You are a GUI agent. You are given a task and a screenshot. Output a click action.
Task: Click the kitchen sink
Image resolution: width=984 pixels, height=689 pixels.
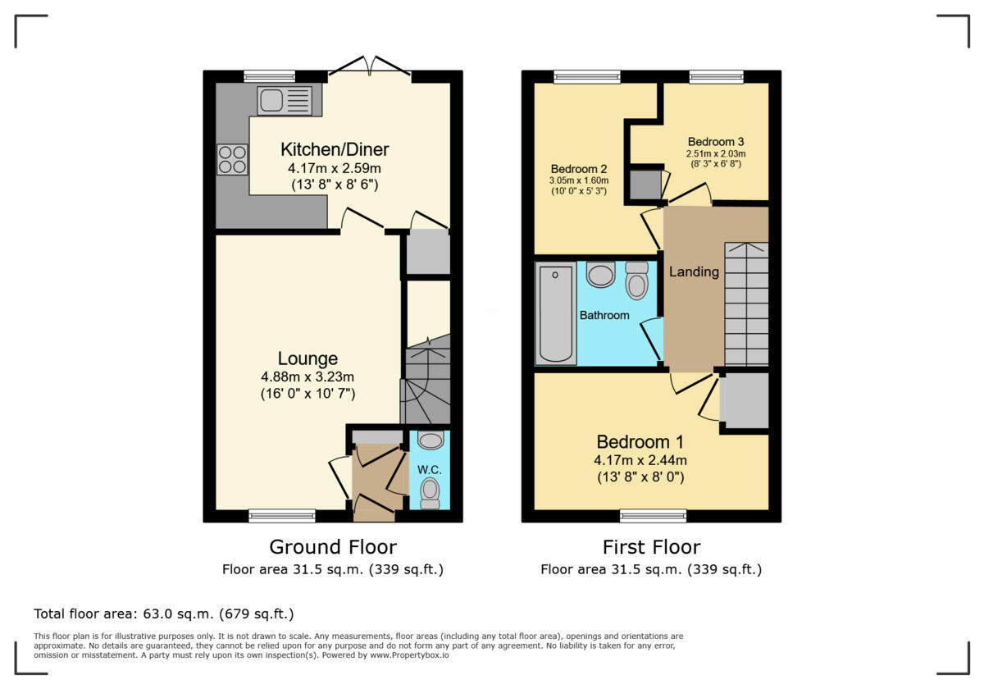pyautogui.click(x=285, y=101)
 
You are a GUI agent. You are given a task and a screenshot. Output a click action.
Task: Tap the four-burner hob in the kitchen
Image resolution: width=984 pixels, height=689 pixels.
pyautogui.click(x=232, y=159)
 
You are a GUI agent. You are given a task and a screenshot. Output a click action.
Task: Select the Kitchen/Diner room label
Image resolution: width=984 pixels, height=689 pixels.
pyautogui.click(x=335, y=149)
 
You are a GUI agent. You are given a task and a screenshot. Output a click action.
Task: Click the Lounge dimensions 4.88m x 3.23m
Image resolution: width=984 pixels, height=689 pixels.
pyautogui.click(x=307, y=376)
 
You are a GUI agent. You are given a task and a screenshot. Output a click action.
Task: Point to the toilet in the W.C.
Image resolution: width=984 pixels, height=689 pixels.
pyautogui.click(x=429, y=492)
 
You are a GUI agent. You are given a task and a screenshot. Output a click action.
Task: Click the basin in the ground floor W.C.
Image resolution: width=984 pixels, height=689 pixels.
pyautogui.click(x=430, y=440)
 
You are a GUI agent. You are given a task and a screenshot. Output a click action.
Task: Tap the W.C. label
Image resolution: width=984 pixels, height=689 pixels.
pyautogui.click(x=429, y=470)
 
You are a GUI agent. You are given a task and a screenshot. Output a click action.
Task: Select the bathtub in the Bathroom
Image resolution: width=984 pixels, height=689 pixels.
pyautogui.click(x=556, y=314)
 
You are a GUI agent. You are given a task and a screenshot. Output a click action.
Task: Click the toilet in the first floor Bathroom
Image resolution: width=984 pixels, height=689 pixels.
pyautogui.click(x=636, y=281)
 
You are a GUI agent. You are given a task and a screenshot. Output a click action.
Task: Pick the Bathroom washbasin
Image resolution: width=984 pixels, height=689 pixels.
pyautogui.click(x=601, y=275)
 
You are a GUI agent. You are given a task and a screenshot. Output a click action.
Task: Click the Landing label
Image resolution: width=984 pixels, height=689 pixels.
pyautogui.click(x=694, y=271)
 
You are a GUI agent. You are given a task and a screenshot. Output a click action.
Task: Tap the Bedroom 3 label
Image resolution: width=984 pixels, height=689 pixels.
pyautogui.click(x=716, y=141)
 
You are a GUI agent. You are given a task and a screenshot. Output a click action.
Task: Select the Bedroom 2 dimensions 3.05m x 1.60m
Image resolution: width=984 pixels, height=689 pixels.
pyautogui.click(x=578, y=180)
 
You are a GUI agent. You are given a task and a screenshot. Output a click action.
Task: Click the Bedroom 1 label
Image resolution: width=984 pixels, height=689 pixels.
pyautogui.click(x=640, y=440)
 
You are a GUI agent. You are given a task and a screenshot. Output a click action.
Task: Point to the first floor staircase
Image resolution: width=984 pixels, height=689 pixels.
pyautogui.click(x=746, y=304)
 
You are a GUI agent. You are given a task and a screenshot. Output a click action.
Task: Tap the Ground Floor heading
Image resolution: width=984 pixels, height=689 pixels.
pyautogui.click(x=333, y=547)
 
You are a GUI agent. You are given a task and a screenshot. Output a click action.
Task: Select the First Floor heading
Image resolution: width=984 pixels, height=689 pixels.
pyautogui.click(x=651, y=547)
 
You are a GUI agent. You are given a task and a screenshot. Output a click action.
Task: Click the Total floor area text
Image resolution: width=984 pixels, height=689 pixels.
pyautogui.click(x=164, y=614)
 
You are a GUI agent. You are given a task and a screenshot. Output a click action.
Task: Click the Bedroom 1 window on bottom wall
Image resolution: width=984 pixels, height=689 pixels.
pyautogui.click(x=653, y=516)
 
